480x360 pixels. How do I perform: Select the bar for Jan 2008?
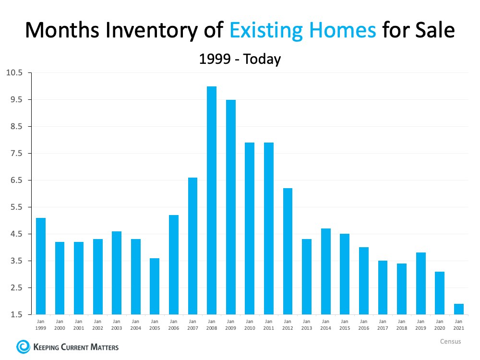(211, 200)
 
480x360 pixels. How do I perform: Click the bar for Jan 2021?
(458, 309)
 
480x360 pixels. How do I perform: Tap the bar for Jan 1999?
(41, 266)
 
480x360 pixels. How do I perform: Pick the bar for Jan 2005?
(155, 286)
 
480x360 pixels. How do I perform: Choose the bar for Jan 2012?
(288, 251)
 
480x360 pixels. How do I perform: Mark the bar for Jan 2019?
(420, 283)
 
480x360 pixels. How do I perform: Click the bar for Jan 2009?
(230, 207)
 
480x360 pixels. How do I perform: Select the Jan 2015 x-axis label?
(344, 324)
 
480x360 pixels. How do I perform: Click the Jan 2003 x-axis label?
(117, 324)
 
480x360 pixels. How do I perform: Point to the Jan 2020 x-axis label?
(439, 324)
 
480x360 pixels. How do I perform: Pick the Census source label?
(450, 341)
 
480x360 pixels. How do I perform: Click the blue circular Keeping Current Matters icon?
(23, 346)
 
